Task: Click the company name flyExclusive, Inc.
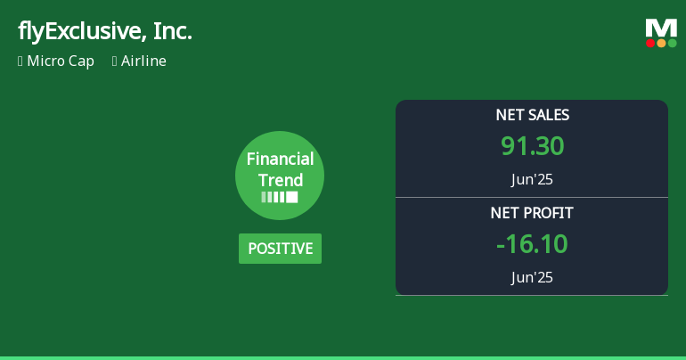(104, 32)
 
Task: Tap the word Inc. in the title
(172, 32)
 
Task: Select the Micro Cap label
(61, 61)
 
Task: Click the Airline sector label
(143, 61)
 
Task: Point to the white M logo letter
(661, 29)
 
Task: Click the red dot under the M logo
(650, 43)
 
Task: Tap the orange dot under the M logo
(661, 43)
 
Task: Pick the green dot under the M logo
(672, 43)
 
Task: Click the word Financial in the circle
(280, 160)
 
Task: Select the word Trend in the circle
(280, 180)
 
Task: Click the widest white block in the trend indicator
(291, 197)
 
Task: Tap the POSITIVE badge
(280, 249)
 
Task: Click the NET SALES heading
(532, 115)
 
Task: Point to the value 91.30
(532, 146)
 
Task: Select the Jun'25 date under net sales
(532, 179)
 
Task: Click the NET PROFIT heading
(532, 213)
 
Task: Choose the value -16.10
(532, 244)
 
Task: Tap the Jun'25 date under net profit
(532, 277)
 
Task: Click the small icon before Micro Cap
(20, 61)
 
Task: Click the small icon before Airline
(115, 61)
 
